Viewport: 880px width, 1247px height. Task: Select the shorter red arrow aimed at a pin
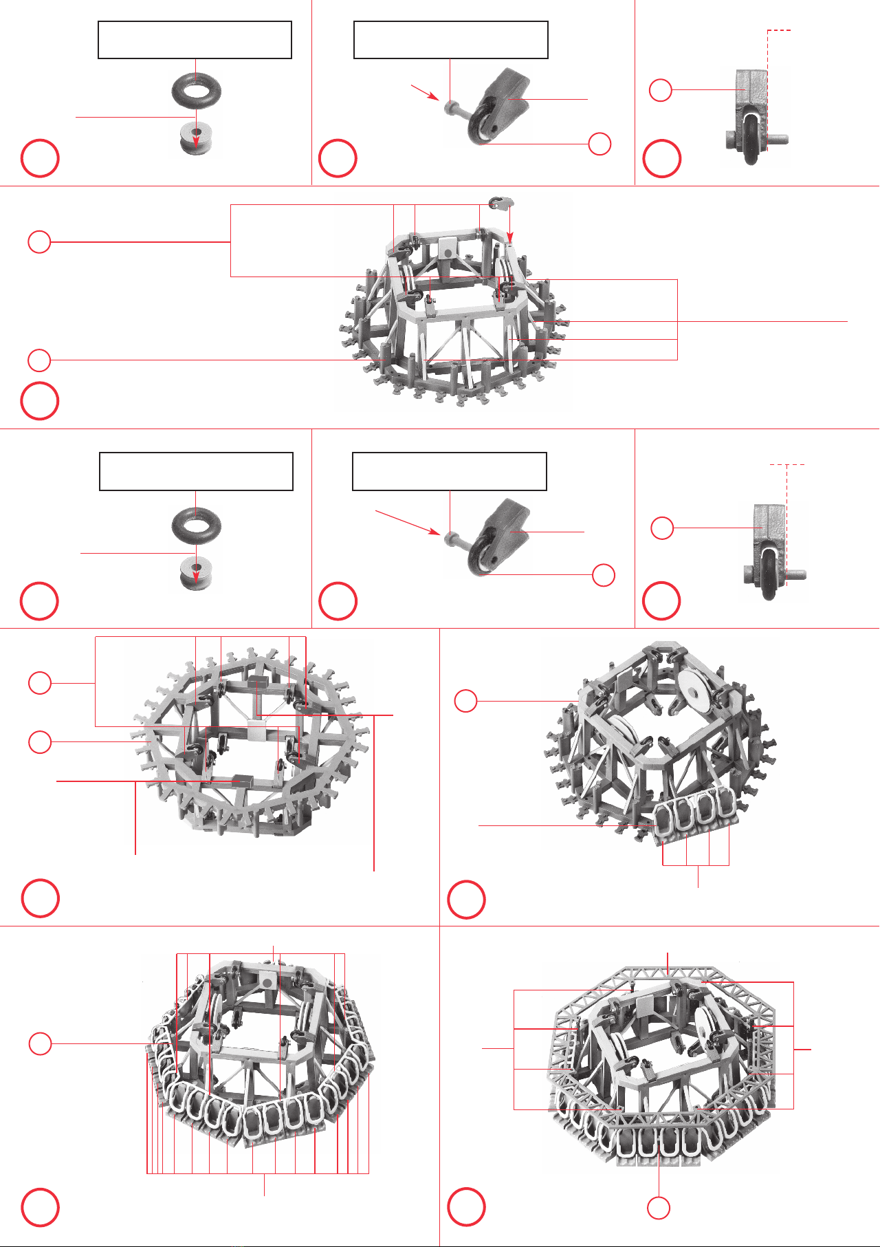(425, 92)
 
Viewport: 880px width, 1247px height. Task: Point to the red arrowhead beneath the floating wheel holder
(510, 238)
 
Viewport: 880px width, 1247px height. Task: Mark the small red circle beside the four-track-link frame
(466, 701)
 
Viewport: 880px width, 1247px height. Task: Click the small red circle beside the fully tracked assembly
(40, 1043)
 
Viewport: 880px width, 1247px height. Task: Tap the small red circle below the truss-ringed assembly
(659, 1208)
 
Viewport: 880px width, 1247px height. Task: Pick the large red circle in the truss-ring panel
(466, 1207)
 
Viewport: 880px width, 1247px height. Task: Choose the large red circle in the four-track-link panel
(466, 899)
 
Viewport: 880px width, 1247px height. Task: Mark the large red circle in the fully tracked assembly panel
(40, 1207)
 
